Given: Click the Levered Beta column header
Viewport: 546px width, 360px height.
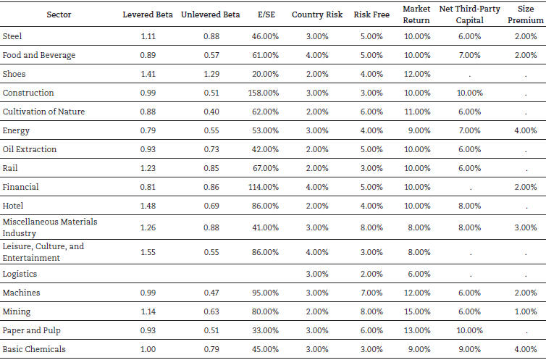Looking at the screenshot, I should click(x=148, y=14).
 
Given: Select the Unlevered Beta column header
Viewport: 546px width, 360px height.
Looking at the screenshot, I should click(x=210, y=14).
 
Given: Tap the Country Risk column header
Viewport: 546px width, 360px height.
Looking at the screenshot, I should click(x=317, y=14).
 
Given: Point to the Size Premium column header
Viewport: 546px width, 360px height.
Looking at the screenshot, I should click(x=526, y=14).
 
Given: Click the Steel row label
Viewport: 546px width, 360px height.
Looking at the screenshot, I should click(x=12, y=36).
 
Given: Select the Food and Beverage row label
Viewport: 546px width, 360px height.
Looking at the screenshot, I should click(x=39, y=55).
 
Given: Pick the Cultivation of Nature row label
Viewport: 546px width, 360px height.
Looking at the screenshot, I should click(x=43, y=112).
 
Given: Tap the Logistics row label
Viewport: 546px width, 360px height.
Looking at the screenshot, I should click(x=20, y=274).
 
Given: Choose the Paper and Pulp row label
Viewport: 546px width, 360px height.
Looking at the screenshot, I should click(x=33, y=330).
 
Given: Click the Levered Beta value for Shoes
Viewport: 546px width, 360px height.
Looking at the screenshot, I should click(x=148, y=74).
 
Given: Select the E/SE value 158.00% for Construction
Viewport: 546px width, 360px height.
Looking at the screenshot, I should click(x=263, y=93).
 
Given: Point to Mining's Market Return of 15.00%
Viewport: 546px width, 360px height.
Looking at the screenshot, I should click(x=416, y=311).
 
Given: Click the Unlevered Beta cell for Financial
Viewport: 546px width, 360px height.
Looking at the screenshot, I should click(x=210, y=187).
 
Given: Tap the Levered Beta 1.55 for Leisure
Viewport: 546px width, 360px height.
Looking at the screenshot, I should click(x=148, y=252).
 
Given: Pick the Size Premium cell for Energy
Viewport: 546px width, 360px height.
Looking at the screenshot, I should click(x=526, y=130).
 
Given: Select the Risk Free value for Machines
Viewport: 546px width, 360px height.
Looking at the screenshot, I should click(x=366, y=293).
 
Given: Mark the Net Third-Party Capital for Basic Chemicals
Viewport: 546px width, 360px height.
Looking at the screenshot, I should click(x=469, y=349).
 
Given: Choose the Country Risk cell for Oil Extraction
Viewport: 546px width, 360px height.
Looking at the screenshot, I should click(x=317, y=149).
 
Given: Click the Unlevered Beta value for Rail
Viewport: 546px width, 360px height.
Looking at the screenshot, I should click(x=210, y=168).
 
